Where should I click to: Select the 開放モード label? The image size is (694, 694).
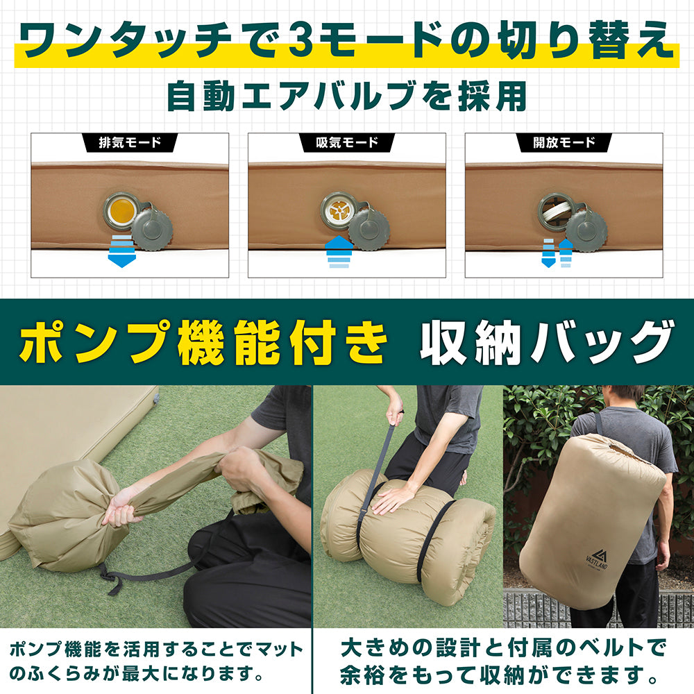[564, 143]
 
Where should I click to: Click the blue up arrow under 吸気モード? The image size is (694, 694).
[339, 253]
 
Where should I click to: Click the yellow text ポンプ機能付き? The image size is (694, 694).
[201, 342]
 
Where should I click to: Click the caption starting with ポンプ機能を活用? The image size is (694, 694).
[157, 661]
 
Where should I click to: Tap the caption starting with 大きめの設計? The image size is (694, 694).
[502, 661]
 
